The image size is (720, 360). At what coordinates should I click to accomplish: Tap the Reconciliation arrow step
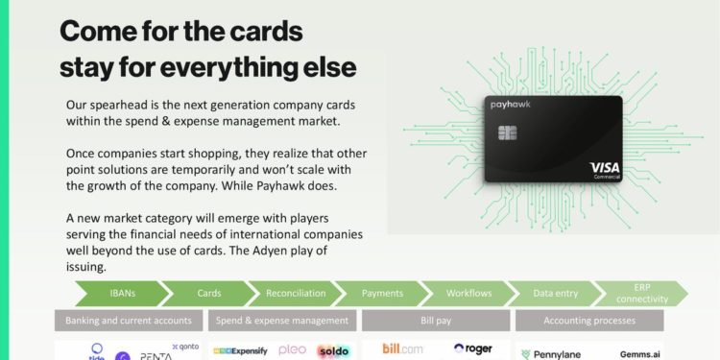click(296, 293)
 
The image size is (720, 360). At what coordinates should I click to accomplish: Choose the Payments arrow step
click(382, 293)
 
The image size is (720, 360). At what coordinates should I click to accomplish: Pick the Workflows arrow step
click(468, 293)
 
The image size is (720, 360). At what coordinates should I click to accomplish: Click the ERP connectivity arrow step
click(641, 293)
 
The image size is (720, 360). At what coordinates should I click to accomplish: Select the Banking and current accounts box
click(129, 320)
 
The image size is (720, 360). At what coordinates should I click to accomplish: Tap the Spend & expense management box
click(282, 320)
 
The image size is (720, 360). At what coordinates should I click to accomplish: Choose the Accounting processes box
click(588, 320)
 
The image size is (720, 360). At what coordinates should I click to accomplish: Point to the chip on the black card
click(504, 132)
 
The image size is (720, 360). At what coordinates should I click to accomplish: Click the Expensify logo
click(241, 350)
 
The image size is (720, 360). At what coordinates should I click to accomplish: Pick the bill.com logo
click(404, 348)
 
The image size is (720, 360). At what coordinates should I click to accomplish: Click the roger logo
click(472, 349)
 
